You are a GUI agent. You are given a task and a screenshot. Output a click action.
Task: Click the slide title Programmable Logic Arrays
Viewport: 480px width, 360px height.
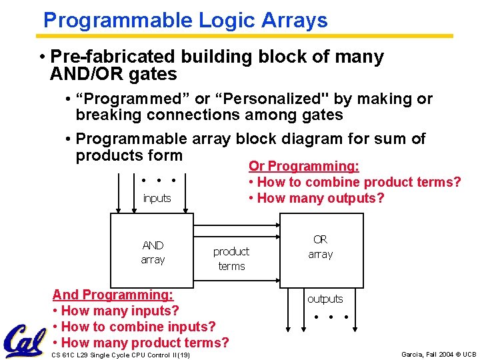[x=185, y=20]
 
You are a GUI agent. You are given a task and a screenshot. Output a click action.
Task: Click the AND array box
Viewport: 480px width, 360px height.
[x=153, y=252]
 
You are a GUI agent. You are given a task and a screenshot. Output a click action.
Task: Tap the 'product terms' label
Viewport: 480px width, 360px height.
[x=231, y=259]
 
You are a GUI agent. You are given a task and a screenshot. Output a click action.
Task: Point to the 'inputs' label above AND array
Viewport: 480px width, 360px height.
[x=157, y=198]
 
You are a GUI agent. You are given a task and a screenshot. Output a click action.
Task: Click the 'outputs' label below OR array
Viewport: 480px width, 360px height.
[x=325, y=299]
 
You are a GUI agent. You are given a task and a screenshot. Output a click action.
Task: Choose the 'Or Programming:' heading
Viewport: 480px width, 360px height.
[x=304, y=166]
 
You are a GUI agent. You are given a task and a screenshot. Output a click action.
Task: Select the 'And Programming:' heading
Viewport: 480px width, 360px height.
[x=112, y=295]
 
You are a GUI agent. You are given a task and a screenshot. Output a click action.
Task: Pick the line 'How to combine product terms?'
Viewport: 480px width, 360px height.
[x=354, y=182]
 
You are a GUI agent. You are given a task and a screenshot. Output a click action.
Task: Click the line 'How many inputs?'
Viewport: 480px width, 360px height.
[x=115, y=311]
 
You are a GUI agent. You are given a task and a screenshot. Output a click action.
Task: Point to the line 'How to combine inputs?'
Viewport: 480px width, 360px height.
[x=133, y=327]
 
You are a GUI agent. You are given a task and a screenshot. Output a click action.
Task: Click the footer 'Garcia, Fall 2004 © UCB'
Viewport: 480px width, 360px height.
[x=439, y=354]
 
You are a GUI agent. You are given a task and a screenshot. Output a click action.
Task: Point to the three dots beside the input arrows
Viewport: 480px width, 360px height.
[x=158, y=180]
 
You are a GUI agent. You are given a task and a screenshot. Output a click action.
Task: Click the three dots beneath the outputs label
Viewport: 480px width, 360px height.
[x=331, y=316]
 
